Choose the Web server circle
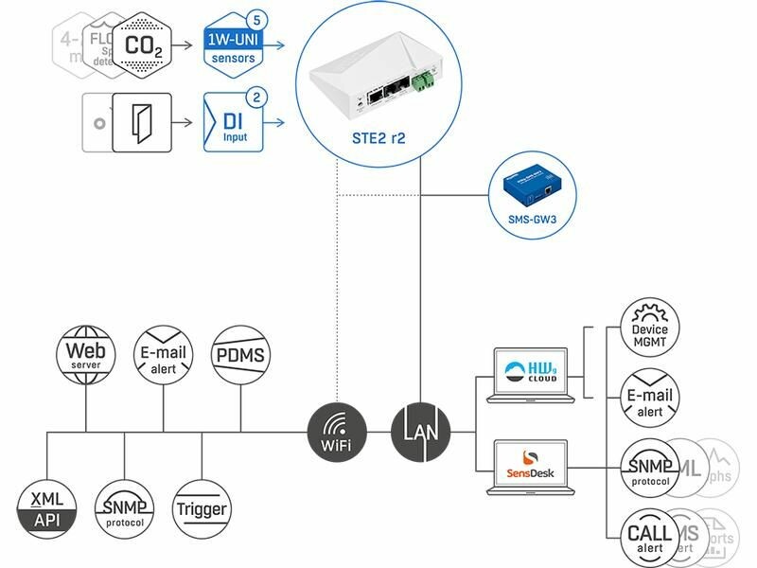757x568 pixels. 85,355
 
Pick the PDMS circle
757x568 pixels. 239,355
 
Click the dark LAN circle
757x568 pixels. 420,433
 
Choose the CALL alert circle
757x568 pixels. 649,539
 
